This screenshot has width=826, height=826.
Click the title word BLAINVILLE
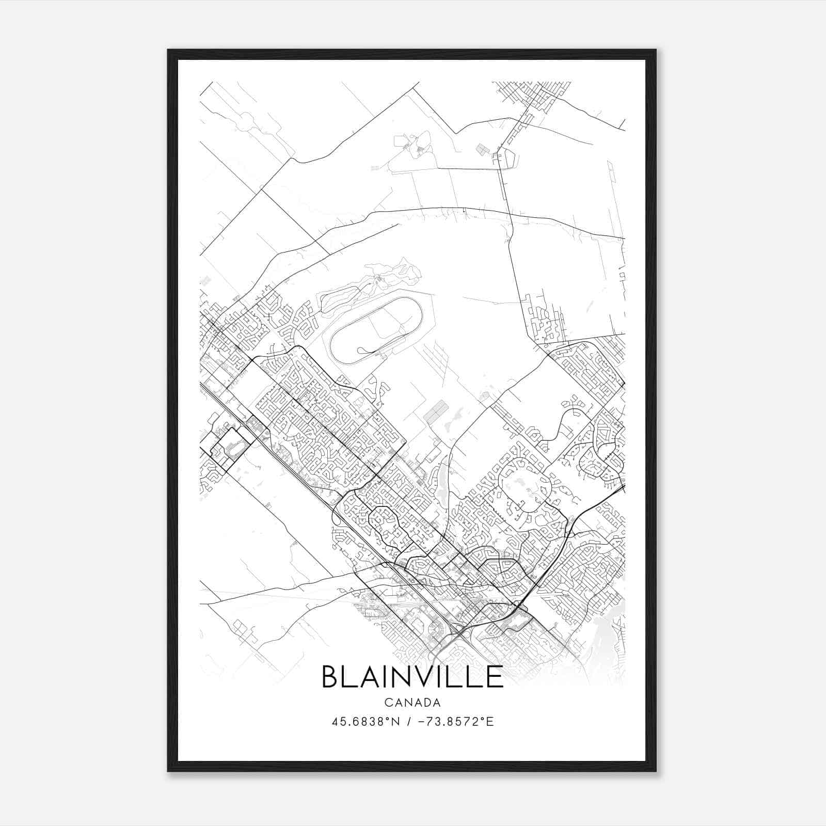412,677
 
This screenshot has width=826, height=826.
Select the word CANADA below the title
412,703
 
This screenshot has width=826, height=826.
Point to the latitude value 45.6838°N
366,722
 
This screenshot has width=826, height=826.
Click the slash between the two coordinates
409,722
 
